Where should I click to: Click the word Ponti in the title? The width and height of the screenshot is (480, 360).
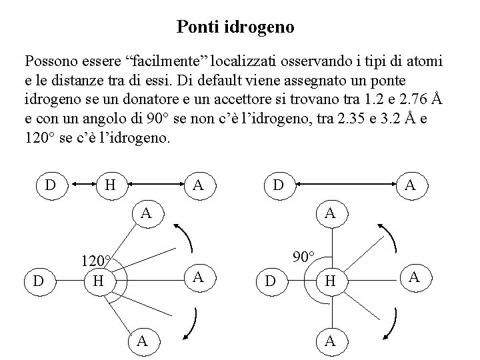(x=195, y=27)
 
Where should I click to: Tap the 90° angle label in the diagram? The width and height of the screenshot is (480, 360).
(x=306, y=255)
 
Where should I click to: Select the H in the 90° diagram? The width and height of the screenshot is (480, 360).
(x=329, y=282)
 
